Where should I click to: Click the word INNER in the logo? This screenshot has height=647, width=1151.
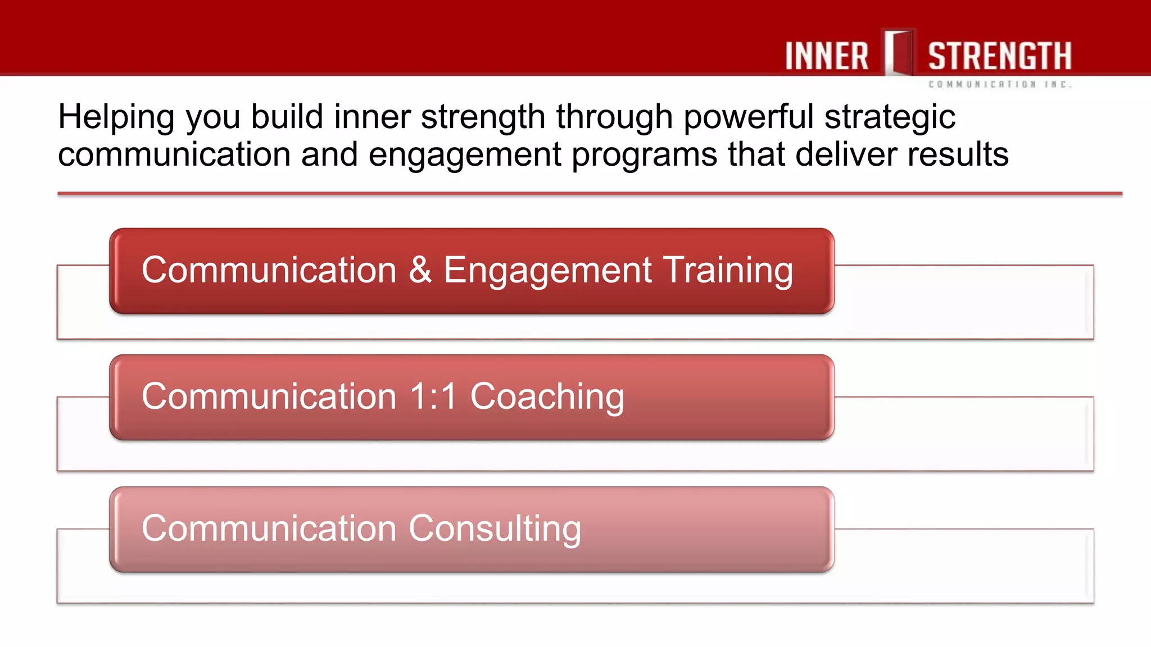click(x=826, y=56)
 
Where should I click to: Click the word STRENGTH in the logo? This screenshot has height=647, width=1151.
click(x=999, y=56)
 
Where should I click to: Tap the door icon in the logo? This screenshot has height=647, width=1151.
click(x=899, y=53)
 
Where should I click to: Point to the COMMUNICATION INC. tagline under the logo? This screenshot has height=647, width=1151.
click(x=1000, y=84)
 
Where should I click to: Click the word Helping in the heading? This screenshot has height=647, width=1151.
click(x=116, y=118)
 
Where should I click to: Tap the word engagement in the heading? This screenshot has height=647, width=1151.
click(x=465, y=156)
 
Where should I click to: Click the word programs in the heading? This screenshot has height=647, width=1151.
click(x=644, y=156)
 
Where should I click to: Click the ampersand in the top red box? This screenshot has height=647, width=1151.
click(x=420, y=270)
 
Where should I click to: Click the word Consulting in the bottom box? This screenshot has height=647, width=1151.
click(x=495, y=529)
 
